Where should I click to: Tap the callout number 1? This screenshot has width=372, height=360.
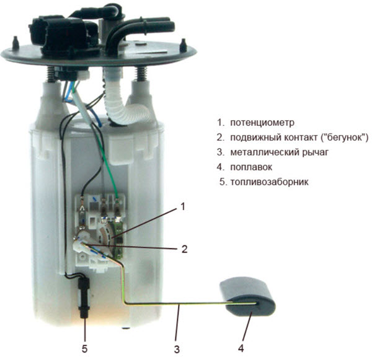coord(182,206)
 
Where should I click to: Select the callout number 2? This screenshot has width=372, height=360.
coord(184,248)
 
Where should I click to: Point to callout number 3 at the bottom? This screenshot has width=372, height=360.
coord(177,349)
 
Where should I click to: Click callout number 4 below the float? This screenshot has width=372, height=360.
coord(241,348)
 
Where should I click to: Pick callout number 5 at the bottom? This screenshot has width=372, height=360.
coord(85,349)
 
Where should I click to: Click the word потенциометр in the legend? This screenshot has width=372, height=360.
coord(262,123)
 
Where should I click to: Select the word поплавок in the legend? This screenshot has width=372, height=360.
coord(251,167)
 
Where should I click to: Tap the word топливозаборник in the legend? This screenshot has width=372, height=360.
coord(270,182)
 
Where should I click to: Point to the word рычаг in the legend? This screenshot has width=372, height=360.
coord(316,152)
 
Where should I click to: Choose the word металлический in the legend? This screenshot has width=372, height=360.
coord(265,152)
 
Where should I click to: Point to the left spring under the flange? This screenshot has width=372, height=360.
coord(51,74)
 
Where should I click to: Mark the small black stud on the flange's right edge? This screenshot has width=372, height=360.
coord(184,45)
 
